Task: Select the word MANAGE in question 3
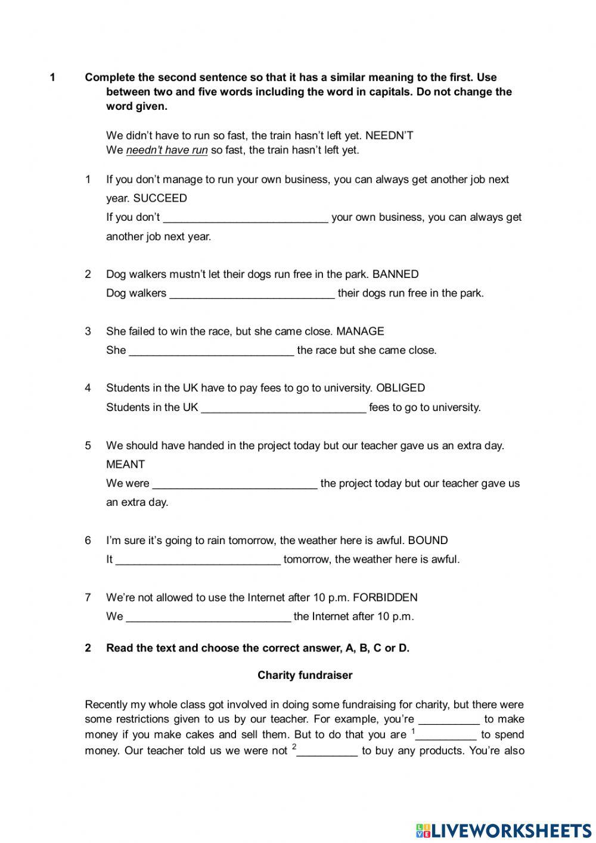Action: coord(360,331)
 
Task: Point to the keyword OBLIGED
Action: coord(401,388)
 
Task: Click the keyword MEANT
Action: coord(125,464)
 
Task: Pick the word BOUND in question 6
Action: coord(427,541)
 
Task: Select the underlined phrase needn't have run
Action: coord(167,150)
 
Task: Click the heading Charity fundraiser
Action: coord(305,675)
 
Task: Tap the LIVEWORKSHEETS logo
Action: coord(504,830)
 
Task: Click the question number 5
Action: coord(88,445)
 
